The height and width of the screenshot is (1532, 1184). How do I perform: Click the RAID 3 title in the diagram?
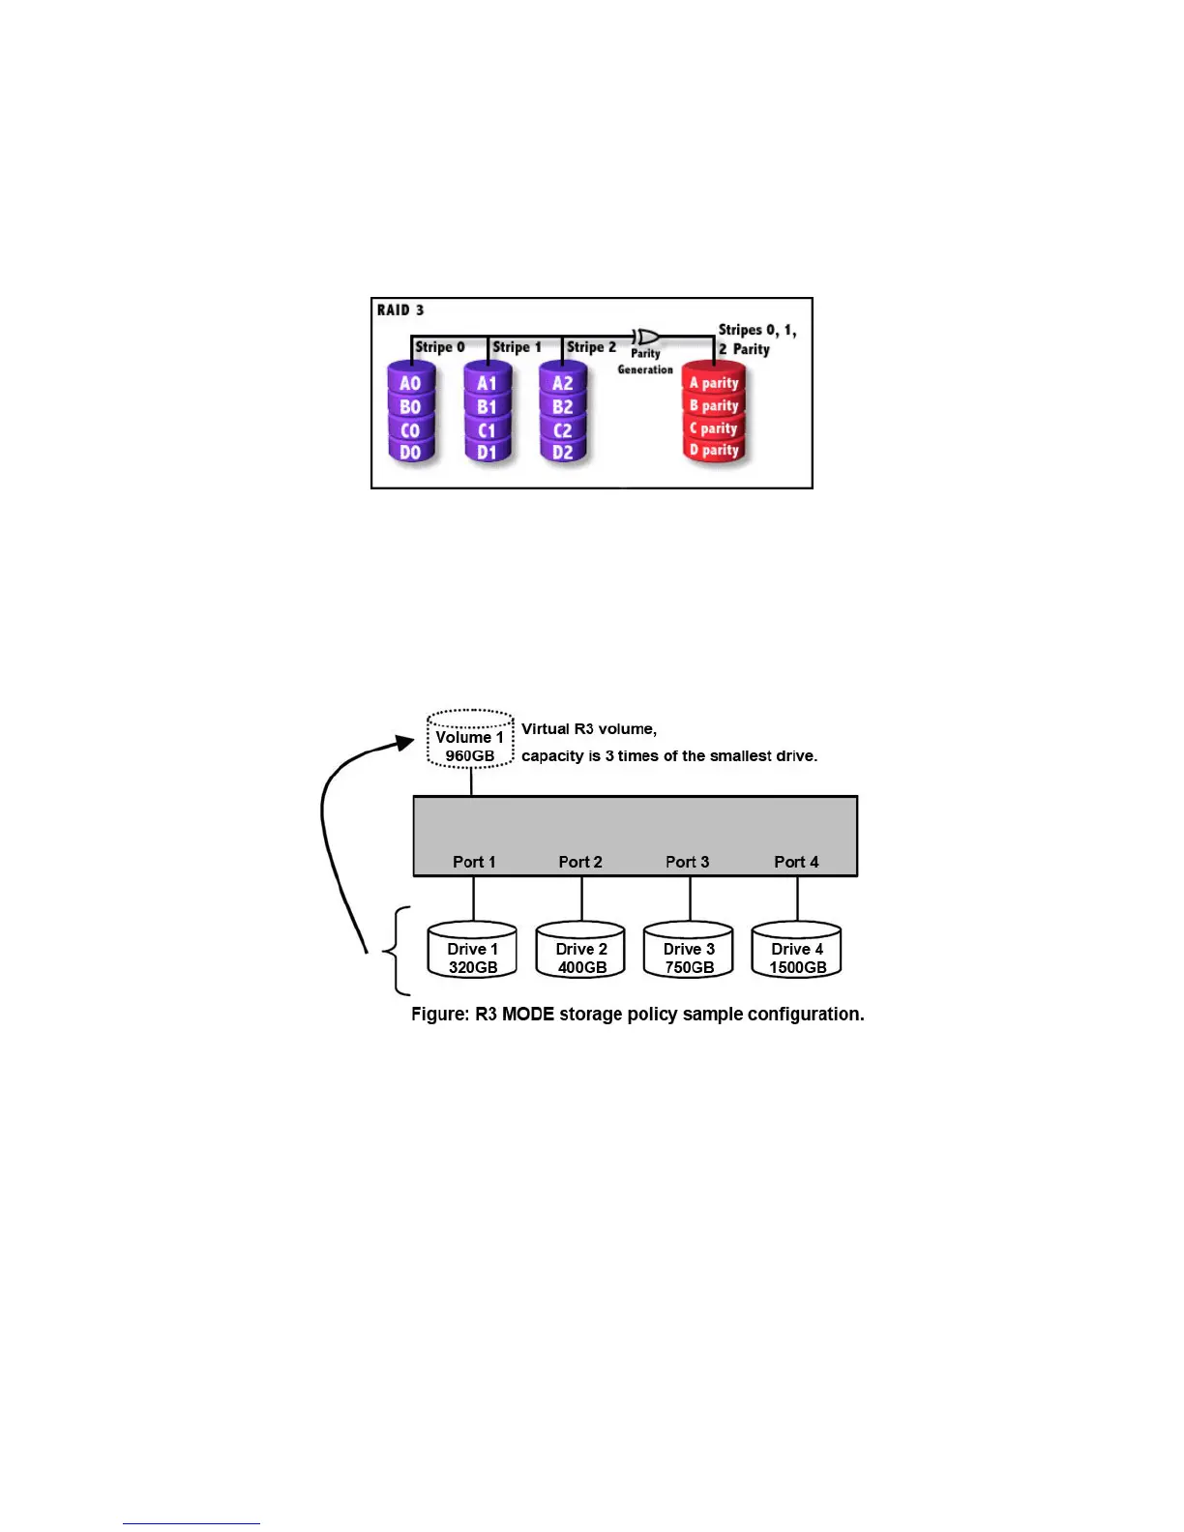pyautogui.click(x=400, y=310)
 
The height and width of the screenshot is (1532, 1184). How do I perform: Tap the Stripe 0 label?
pyautogui.click(x=440, y=347)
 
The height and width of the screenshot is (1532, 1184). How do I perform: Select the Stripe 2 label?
pyautogui.click(x=591, y=347)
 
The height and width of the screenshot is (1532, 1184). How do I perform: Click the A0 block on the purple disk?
pyautogui.click(x=410, y=384)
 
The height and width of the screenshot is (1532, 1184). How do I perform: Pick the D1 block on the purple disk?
pyautogui.click(x=487, y=452)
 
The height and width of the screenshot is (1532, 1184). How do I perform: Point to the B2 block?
pyautogui.click(x=563, y=407)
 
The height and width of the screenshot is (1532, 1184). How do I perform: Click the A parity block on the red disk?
pyautogui.click(x=714, y=383)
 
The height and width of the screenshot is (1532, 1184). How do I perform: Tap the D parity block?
pyautogui.click(x=714, y=450)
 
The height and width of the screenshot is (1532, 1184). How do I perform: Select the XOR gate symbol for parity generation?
pyautogui.click(x=646, y=337)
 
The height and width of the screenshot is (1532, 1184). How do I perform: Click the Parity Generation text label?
pyautogui.click(x=645, y=362)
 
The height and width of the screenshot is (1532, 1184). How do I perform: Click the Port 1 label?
pyautogui.click(x=474, y=862)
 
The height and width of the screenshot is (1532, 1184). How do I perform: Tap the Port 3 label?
pyautogui.click(x=688, y=862)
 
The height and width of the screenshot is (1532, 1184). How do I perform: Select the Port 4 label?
pyautogui.click(x=796, y=862)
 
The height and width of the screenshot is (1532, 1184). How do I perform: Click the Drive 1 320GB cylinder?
pyautogui.click(x=472, y=952)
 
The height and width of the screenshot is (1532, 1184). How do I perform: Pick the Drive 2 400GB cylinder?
pyautogui.click(x=581, y=952)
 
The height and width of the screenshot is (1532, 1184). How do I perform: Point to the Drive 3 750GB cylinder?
pyautogui.click(x=690, y=952)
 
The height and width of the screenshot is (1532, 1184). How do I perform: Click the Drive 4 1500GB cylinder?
pyautogui.click(x=797, y=952)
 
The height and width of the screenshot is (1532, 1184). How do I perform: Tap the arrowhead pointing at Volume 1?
pyautogui.click(x=405, y=743)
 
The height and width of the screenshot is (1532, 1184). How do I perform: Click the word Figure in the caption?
pyautogui.click(x=440, y=1015)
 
